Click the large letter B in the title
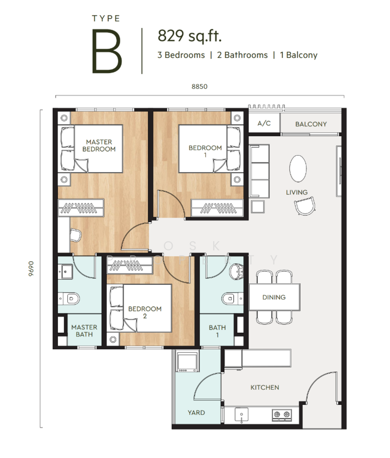point(107,51)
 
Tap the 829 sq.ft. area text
point(190,36)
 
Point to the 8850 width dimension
point(200,86)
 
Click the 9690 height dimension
point(31,269)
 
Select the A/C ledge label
point(264,123)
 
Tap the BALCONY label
point(311,124)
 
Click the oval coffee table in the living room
point(298,169)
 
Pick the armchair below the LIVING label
point(305,206)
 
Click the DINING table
point(274,297)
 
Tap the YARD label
point(196,413)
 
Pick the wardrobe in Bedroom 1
point(217,208)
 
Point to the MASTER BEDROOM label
point(99,145)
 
